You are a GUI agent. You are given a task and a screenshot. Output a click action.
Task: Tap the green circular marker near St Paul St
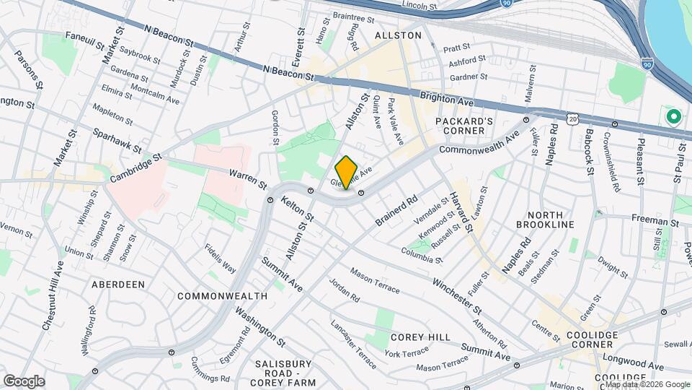[x=674, y=116]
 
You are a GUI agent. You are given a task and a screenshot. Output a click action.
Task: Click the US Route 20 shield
[x=573, y=116]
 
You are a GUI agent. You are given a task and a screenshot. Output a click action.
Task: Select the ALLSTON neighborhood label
[x=398, y=35]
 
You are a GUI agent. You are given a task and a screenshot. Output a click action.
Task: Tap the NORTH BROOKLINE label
[x=550, y=220]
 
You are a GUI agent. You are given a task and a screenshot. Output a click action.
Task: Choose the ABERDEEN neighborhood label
[x=118, y=285]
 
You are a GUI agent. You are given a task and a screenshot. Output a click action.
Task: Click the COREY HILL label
[x=420, y=337]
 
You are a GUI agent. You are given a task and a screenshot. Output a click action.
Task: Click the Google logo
[x=24, y=381]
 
